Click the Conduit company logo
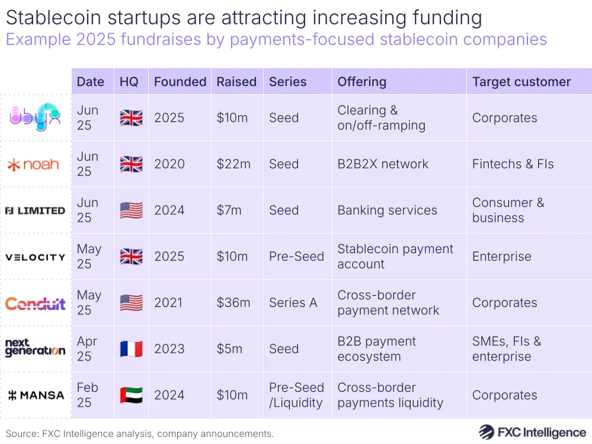[x=36, y=303]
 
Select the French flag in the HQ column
[x=131, y=349]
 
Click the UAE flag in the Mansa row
[x=131, y=395]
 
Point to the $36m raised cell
[x=233, y=303]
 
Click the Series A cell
[x=293, y=303]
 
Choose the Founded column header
[x=180, y=82]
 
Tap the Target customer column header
[x=521, y=82]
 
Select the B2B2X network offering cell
[x=383, y=164]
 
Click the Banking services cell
[x=387, y=210]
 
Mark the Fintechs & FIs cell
[x=513, y=164]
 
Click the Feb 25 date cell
[x=88, y=395]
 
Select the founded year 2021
[x=169, y=303]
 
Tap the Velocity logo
[x=36, y=257]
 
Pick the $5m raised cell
[x=229, y=349]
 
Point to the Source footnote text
[x=140, y=433]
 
